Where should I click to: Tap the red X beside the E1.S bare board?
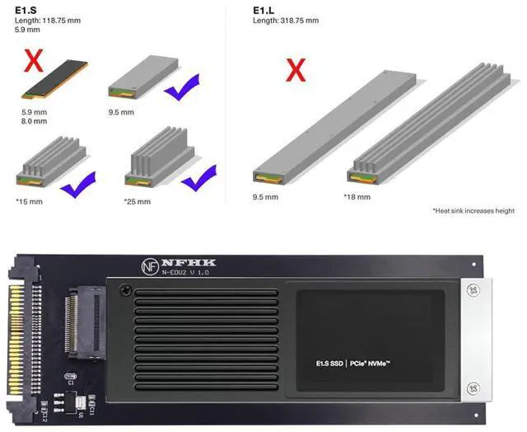(34, 63)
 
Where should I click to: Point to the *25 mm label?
(138, 200)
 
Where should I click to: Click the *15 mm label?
(30, 200)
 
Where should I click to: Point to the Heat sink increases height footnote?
(473, 211)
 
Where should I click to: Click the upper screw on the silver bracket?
(473, 291)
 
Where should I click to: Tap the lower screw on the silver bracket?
(473, 387)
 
